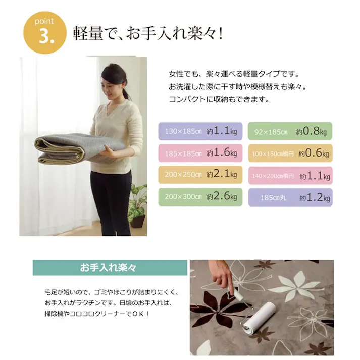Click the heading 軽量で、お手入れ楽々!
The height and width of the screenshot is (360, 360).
pyautogui.click(x=148, y=34)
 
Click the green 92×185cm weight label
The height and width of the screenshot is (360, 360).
pyautogui.click(x=290, y=131)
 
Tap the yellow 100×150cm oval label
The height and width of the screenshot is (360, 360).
pyautogui.click(x=290, y=152)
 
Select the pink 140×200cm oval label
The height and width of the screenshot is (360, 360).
pyautogui.click(x=290, y=175)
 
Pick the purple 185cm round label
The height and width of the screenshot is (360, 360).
pyautogui.click(x=290, y=197)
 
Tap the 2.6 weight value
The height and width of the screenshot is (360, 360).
pyautogui.click(x=220, y=196)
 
